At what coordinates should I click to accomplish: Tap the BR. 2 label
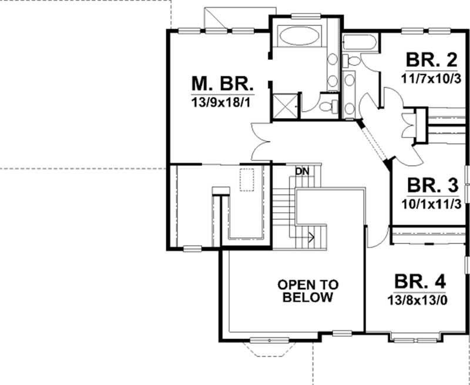431,60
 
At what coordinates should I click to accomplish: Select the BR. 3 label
432,186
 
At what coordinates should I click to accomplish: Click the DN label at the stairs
302,172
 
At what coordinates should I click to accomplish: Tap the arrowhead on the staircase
312,238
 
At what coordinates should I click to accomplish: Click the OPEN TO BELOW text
308,291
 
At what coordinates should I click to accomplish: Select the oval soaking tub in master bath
300,36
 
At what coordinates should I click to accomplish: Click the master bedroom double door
260,141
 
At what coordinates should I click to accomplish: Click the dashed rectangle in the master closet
246,179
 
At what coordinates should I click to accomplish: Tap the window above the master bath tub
303,16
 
